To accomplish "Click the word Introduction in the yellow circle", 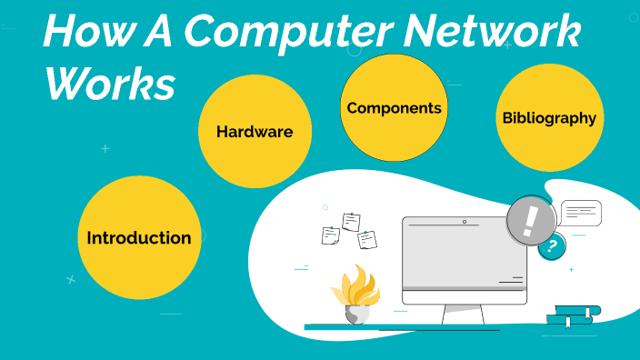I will (x=139, y=238).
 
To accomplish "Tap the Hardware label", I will (x=255, y=132).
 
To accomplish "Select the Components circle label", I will (x=394, y=108).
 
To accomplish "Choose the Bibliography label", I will (x=549, y=117).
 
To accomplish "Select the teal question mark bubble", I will (x=551, y=245).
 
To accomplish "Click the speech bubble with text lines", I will (x=581, y=213).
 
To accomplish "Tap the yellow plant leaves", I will (x=355, y=285).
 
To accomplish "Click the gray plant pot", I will (x=357, y=314).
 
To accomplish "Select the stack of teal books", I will (x=573, y=315).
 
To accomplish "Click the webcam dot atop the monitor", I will (x=464, y=222).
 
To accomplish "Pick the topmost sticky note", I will (x=351, y=222).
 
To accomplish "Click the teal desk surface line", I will (x=400, y=326).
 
